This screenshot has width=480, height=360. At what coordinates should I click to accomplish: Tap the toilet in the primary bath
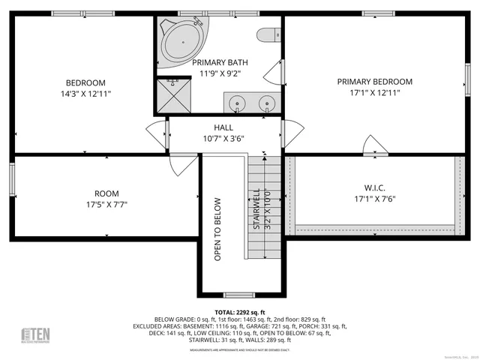click(267, 34)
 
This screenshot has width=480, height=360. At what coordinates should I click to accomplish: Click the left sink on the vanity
click(236, 102)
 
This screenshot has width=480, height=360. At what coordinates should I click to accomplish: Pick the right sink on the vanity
click(265, 102)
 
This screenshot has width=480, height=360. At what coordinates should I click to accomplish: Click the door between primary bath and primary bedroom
click(274, 73)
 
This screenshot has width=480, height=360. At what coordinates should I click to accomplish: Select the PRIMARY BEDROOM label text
click(374, 82)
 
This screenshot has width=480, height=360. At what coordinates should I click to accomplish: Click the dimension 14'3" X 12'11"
click(85, 93)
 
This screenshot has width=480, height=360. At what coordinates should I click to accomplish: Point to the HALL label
click(223, 127)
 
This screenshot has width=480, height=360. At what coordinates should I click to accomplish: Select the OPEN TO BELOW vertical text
click(218, 229)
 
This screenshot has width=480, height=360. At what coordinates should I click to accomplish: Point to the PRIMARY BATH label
click(220, 62)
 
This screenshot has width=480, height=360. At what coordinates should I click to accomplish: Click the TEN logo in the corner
click(34, 334)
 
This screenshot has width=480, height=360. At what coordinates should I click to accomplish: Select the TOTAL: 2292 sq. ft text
click(239, 312)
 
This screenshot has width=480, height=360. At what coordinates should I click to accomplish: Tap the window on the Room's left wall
click(12, 177)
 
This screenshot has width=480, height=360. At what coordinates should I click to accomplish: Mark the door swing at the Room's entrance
click(183, 163)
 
